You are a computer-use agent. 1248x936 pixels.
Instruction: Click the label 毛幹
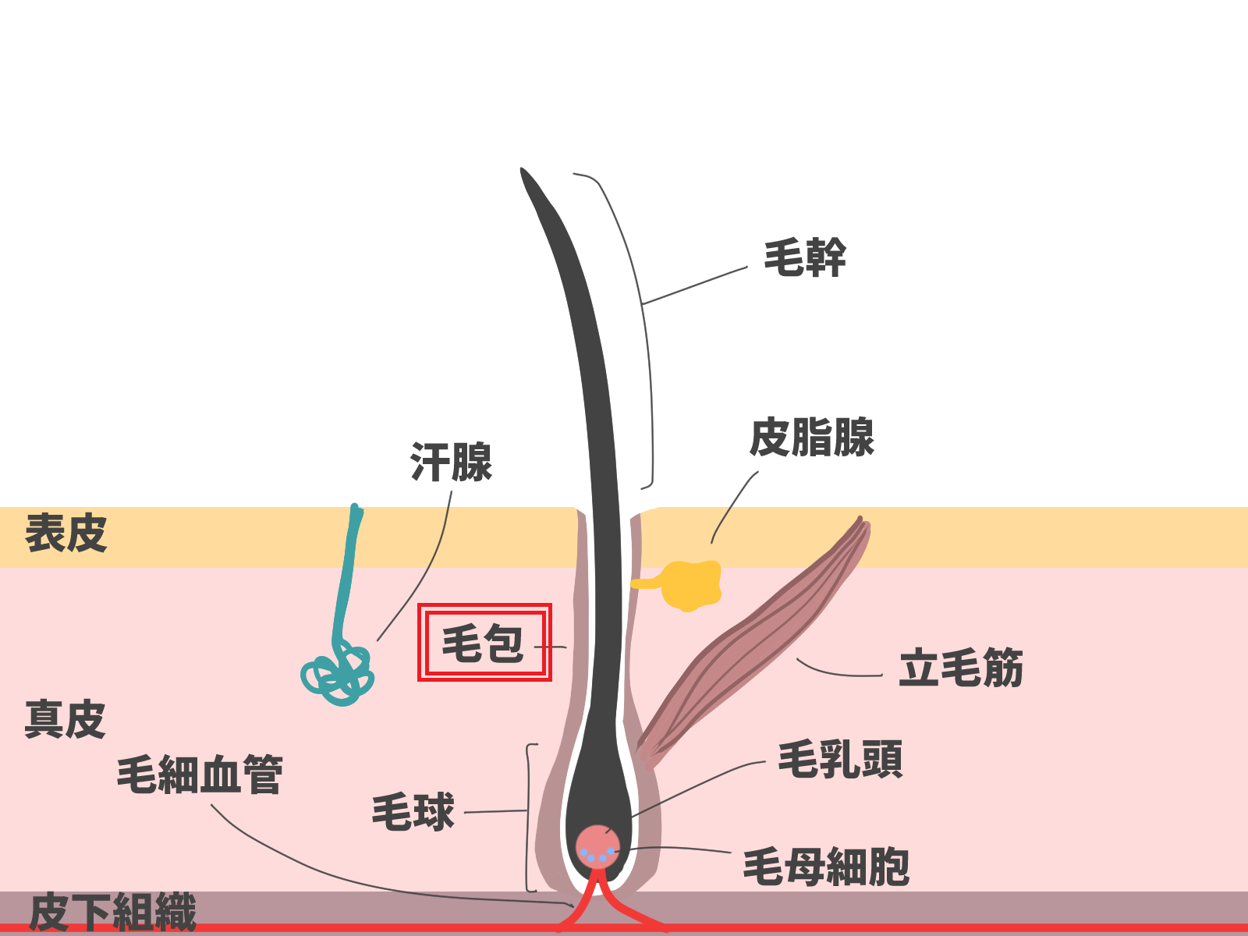[x=804, y=257]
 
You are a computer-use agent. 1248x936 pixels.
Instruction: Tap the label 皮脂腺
[x=811, y=438]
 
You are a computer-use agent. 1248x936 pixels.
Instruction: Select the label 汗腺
[x=451, y=463]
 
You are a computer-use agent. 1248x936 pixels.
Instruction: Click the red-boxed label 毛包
[x=484, y=643]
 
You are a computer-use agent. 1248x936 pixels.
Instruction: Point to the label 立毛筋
[x=960, y=668]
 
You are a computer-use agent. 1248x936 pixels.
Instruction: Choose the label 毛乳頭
[x=840, y=760]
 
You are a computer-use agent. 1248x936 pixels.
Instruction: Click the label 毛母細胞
[x=826, y=867]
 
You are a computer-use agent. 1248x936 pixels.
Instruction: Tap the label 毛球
[x=413, y=812]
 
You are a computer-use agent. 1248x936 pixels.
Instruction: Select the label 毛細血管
[x=200, y=775]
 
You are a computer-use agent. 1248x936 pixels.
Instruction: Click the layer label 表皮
[x=66, y=534]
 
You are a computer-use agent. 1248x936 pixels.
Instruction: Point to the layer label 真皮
[x=65, y=719]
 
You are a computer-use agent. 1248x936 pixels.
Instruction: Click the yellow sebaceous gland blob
[x=690, y=584]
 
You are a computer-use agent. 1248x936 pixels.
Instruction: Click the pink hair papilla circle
[x=597, y=845]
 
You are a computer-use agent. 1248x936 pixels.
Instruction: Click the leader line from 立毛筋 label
[x=838, y=672]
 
